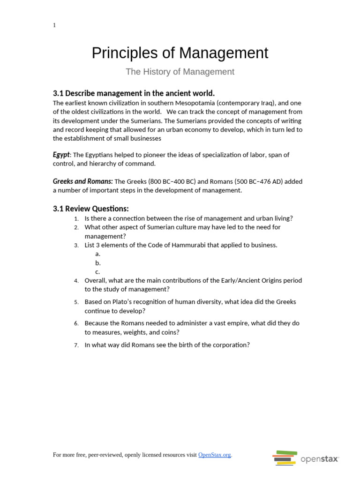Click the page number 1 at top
click(x=54, y=25)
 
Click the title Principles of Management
click(x=180, y=53)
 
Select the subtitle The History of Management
click(x=180, y=72)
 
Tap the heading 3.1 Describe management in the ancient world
click(x=134, y=93)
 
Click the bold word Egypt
click(x=61, y=155)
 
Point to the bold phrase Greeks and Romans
click(x=82, y=181)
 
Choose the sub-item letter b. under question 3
click(x=98, y=263)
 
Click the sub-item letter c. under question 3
click(x=97, y=272)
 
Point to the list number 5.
click(x=76, y=302)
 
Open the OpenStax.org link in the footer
click(x=214, y=455)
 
